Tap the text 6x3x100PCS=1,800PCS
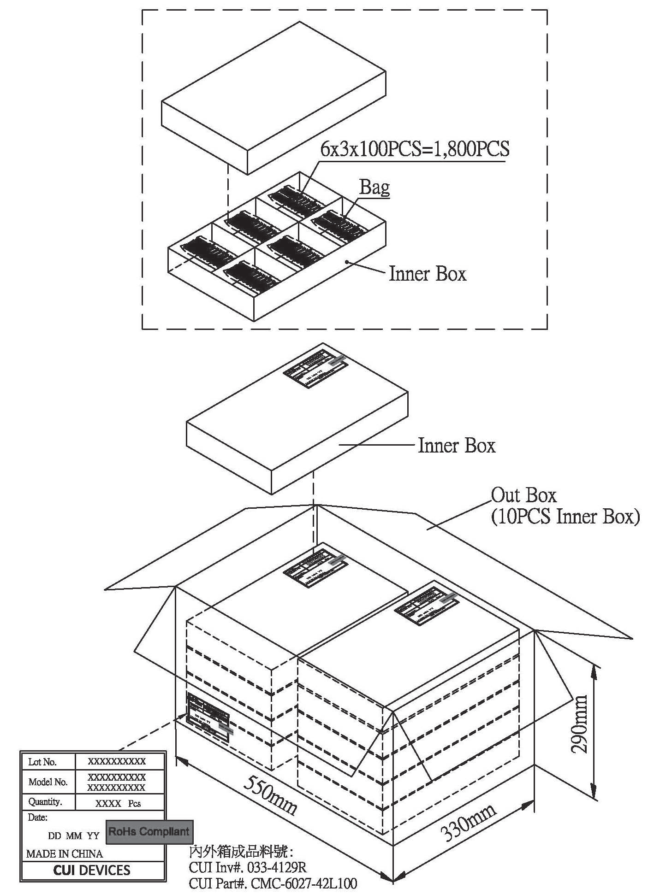point(415,150)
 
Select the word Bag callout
point(375,188)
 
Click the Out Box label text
point(523,496)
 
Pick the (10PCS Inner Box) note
point(565,517)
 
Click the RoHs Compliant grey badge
point(149,832)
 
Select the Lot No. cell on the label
point(42,762)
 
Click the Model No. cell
point(48,782)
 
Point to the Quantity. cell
point(45,802)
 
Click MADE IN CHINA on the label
point(65,854)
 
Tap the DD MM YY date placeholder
point(74,836)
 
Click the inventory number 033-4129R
point(277,867)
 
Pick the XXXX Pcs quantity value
point(118,804)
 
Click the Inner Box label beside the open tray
point(428,274)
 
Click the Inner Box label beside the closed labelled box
point(456,446)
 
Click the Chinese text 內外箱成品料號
point(241,851)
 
